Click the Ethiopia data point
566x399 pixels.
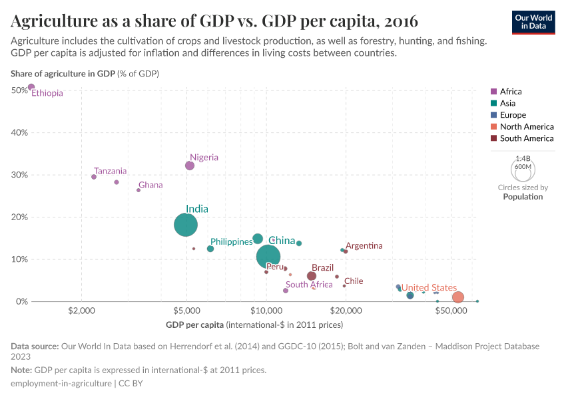[x=31, y=87]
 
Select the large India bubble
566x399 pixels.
[x=186, y=225]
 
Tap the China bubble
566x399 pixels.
[x=268, y=256]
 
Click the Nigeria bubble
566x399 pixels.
[x=190, y=166]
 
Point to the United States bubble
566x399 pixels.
[x=457, y=297]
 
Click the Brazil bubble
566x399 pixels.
[x=312, y=276]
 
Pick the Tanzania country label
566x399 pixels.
[x=110, y=171]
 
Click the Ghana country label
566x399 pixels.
[x=150, y=185]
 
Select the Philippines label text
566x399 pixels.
[x=231, y=241]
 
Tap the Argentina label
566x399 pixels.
[x=364, y=245]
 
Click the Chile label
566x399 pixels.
[x=354, y=281]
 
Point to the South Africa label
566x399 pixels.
[x=309, y=285]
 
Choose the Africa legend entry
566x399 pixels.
[x=511, y=91]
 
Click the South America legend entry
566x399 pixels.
[x=526, y=138]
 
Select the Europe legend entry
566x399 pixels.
[x=513, y=115]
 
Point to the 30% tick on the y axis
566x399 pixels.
[x=19, y=175]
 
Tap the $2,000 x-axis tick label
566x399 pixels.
[x=81, y=312]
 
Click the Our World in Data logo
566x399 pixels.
[x=533, y=22]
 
